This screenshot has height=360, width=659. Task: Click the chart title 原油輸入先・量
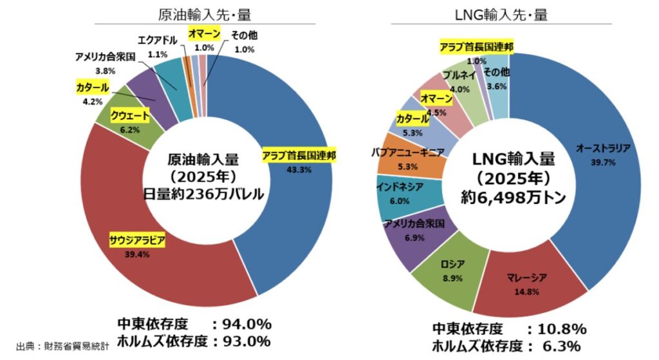coord(205,14)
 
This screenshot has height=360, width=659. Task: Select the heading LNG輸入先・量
coord(508,14)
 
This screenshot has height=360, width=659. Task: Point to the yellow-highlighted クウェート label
coord(130,116)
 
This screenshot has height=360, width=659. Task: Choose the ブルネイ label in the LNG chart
coord(459,75)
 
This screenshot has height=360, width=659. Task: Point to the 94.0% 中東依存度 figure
coord(246,323)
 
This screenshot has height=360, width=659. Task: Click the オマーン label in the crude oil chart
coord(205,34)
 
